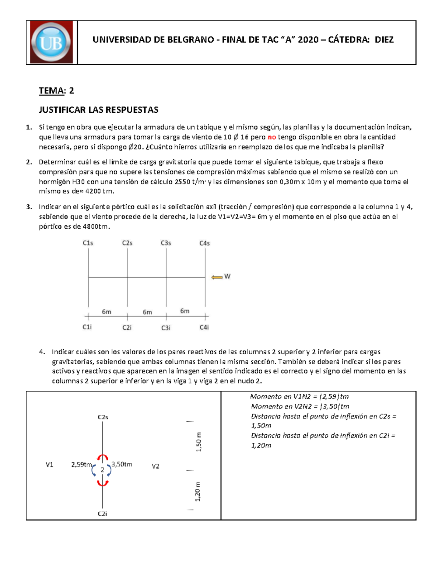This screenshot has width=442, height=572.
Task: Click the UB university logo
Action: tap(51, 42)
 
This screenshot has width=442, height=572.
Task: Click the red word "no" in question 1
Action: tap(272, 137)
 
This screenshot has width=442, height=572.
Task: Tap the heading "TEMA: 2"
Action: tap(56, 91)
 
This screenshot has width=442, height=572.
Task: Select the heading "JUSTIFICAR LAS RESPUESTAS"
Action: tap(98, 110)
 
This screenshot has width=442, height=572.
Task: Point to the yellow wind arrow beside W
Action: tap(217, 277)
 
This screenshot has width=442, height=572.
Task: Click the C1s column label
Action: tap(88, 243)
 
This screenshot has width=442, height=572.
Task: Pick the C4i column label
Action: tap(204, 327)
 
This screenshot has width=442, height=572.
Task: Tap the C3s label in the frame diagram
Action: tap(166, 243)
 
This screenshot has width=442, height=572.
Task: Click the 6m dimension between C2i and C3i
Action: tap(147, 312)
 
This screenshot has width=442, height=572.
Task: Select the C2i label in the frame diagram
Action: tap(127, 327)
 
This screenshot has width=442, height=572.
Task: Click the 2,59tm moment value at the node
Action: tap(81, 465)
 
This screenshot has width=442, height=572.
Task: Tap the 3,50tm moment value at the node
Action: tap(122, 464)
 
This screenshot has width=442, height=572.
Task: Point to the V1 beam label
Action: tap(49, 465)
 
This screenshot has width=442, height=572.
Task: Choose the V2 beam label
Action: tap(155, 466)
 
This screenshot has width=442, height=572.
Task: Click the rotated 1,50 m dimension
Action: tap(199, 442)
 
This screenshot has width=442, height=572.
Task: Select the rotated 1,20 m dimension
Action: tap(198, 491)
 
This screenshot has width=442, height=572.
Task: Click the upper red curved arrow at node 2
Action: tap(102, 457)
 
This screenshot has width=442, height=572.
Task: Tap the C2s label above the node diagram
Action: tap(103, 417)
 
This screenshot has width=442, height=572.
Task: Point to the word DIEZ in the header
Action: tap(384, 40)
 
